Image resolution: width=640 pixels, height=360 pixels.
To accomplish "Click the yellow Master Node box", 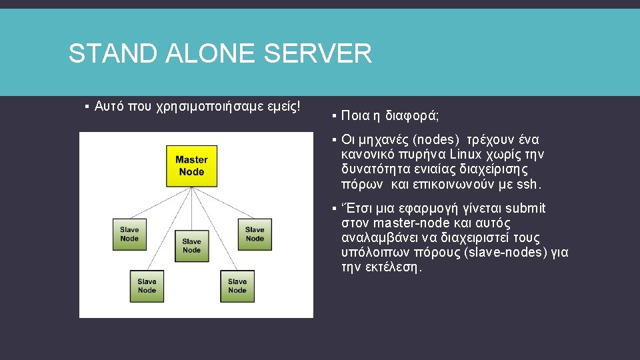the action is tap(191, 165).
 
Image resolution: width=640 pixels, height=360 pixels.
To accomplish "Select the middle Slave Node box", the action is tap(191, 245).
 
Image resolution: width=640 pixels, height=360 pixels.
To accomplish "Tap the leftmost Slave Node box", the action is tap(129, 234).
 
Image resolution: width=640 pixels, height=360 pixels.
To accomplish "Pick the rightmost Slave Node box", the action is tap(254, 234).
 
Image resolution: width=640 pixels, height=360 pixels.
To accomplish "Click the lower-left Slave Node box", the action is tap(147, 285).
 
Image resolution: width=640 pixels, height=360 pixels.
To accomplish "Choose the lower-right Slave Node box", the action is tap(237, 285).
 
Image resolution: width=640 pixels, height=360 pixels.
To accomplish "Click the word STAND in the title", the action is tap(105, 53).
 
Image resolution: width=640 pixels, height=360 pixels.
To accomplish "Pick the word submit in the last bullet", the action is tap(526, 209).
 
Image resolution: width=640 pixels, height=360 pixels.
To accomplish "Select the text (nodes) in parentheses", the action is tap(437, 140).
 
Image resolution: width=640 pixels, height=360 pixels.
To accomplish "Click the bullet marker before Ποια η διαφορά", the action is tap(333, 116).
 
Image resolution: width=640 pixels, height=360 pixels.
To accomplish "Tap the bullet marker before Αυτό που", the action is tap(87, 107).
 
